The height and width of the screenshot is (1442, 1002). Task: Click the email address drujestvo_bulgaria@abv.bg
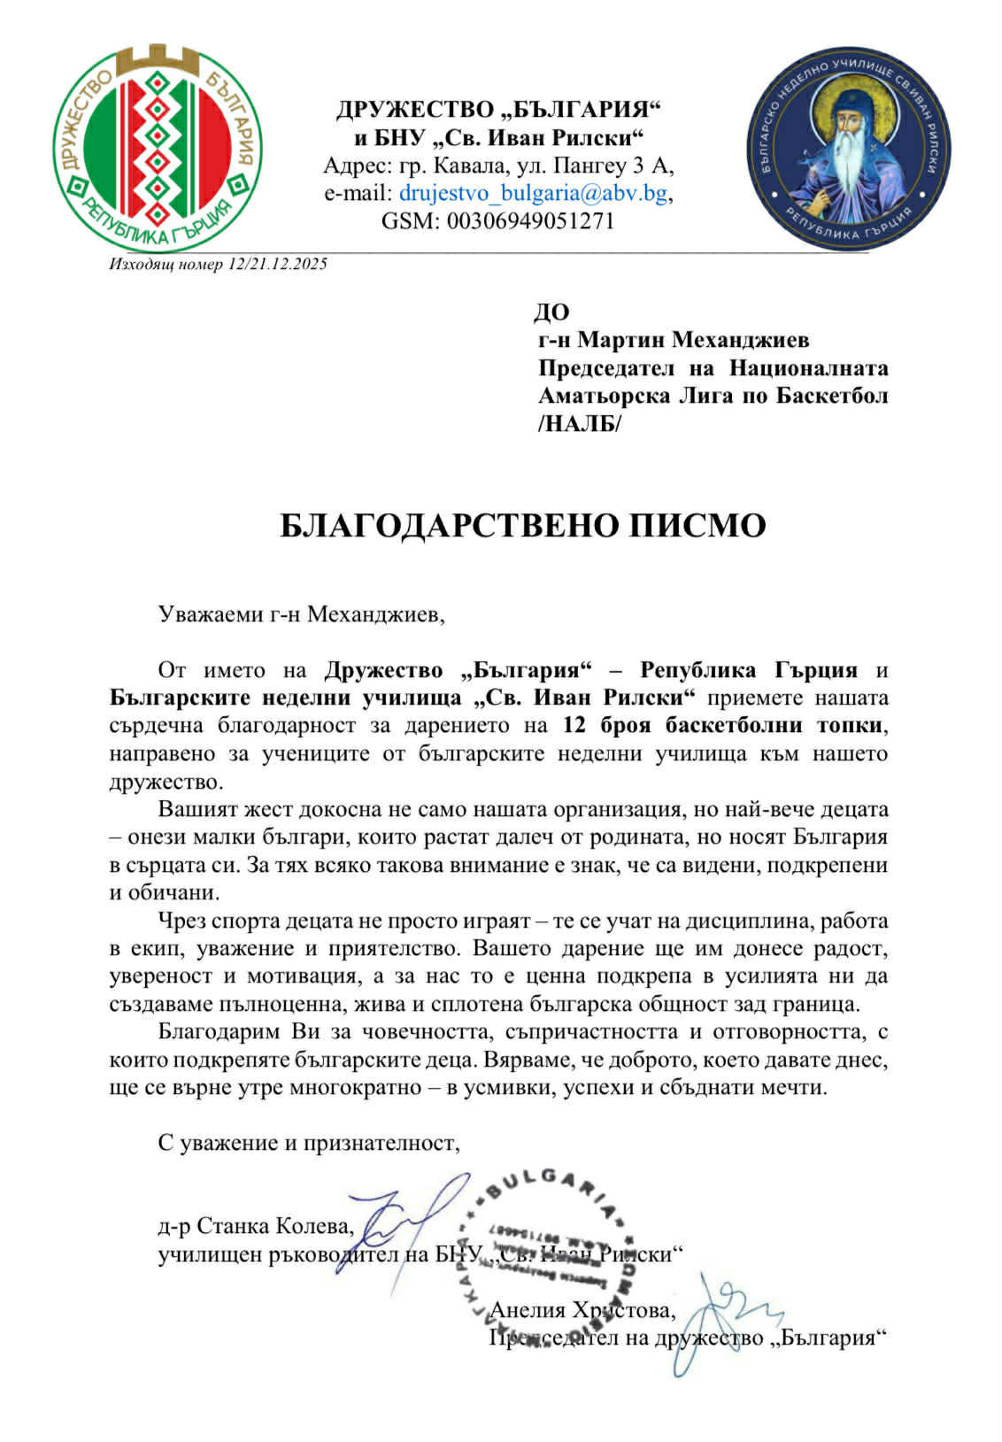(x=534, y=193)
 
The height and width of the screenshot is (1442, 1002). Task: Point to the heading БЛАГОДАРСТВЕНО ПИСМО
(x=522, y=526)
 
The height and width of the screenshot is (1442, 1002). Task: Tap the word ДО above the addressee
(x=551, y=312)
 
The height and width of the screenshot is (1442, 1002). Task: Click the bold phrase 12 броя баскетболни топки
(x=723, y=725)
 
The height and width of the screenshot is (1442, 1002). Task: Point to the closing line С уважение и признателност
(x=310, y=1143)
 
